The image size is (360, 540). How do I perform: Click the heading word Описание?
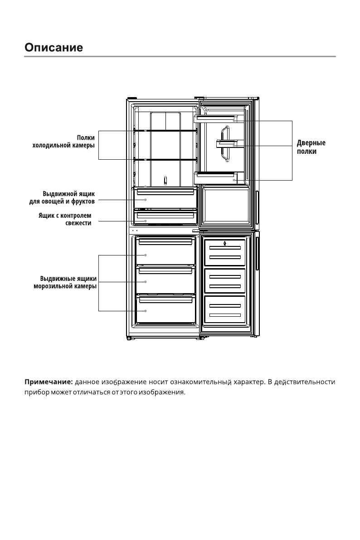point(54,47)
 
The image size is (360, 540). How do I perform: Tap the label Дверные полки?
point(311,147)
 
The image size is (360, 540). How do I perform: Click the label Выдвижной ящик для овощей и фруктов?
point(62,197)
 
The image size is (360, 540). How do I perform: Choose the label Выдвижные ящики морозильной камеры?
point(65,282)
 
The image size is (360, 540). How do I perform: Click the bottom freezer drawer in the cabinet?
point(165,309)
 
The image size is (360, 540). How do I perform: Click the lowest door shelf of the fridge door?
point(216,178)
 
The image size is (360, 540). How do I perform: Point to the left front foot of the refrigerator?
point(129,339)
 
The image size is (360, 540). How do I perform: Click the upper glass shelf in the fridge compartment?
point(165,131)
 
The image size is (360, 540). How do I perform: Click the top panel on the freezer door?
point(225,253)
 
